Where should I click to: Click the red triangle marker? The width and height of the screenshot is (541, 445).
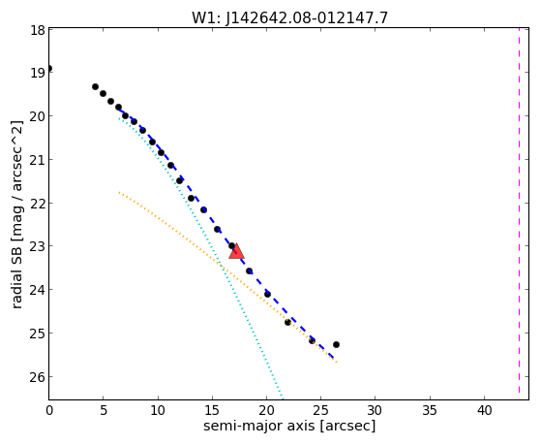click(x=237, y=251)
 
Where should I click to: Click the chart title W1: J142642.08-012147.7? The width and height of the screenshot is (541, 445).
click(x=289, y=18)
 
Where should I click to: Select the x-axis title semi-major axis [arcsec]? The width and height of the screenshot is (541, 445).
click(x=289, y=426)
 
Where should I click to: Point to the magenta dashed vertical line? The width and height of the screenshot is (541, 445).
click(x=519, y=210)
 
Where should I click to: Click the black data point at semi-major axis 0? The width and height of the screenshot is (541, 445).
click(x=49, y=68)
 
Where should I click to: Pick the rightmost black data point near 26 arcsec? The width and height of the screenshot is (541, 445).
click(x=336, y=344)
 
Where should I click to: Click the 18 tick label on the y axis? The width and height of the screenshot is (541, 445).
click(x=38, y=30)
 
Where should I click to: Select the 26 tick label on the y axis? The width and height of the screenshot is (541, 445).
click(x=38, y=377)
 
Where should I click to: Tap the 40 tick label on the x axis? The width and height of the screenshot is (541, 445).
click(x=484, y=410)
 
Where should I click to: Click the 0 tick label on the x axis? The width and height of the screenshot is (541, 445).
click(x=49, y=410)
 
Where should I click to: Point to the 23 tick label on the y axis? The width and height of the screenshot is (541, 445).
click(x=38, y=247)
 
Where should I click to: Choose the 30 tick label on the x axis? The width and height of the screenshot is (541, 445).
click(x=376, y=410)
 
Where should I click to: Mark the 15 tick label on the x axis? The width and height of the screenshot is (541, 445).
click(x=212, y=410)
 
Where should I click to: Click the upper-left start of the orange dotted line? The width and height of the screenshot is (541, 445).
click(x=119, y=192)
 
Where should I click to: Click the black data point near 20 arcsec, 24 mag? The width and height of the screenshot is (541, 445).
click(x=267, y=295)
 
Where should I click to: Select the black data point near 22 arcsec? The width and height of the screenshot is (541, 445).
click(x=287, y=322)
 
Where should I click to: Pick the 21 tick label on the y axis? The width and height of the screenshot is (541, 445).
click(x=38, y=160)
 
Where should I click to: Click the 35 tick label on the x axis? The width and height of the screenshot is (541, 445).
click(x=430, y=410)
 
